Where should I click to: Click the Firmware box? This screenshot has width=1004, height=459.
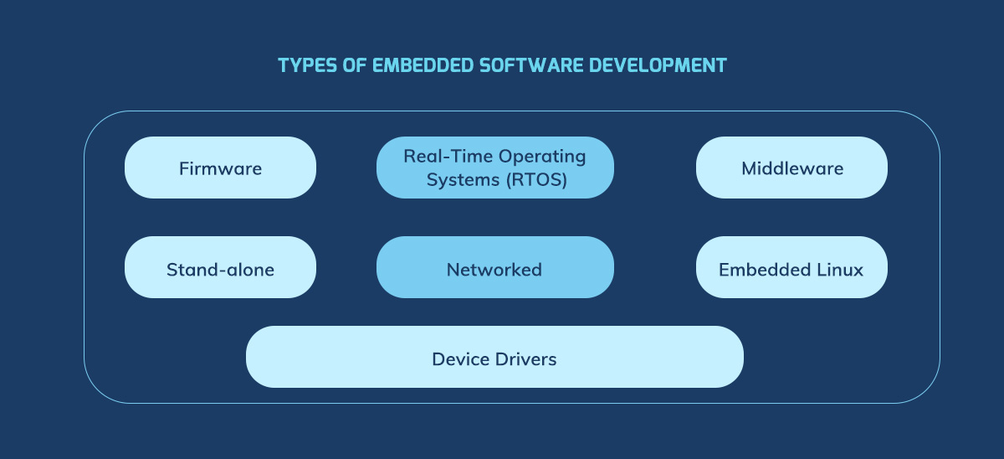point(220,168)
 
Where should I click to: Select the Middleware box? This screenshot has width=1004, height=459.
point(791,168)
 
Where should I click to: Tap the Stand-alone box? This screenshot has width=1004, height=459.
point(220,269)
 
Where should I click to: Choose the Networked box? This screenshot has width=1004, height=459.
point(494,269)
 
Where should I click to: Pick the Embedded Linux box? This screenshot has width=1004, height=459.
point(791,269)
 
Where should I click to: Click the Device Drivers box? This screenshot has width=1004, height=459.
point(494,358)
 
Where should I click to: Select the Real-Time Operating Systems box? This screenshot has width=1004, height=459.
point(494,168)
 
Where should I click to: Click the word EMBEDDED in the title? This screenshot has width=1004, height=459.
point(408,65)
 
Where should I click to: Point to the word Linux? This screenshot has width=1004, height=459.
point(841,269)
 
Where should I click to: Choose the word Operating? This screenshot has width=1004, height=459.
point(542,157)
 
